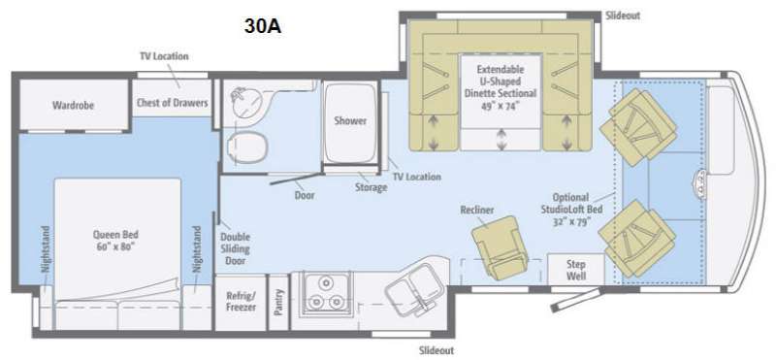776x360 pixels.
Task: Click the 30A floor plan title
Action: tap(262, 27)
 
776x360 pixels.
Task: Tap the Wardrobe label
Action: tap(74, 106)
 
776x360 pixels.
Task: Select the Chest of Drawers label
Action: tap(173, 103)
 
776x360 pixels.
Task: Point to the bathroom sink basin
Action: tap(248, 102)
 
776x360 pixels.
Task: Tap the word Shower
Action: tap(350, 120)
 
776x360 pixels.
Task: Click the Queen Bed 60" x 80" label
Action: tap(115, 241)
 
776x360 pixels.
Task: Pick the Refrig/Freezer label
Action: tap(241, 301)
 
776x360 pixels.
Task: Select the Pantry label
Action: tap(278, 302)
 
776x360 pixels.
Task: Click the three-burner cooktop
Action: tap(323, 293)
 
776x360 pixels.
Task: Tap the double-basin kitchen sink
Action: tap(413, 291)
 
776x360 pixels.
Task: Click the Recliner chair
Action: tap(498, 245)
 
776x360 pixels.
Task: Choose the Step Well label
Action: tap(576, 270)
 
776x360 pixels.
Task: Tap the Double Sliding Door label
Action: tap(235, 249)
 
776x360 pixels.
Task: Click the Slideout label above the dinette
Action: tap(623, 16)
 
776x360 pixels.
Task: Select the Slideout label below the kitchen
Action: tap(436, 350)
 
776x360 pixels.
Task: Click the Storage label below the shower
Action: tap(371, 187)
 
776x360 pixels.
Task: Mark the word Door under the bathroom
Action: tap(305, 195)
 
